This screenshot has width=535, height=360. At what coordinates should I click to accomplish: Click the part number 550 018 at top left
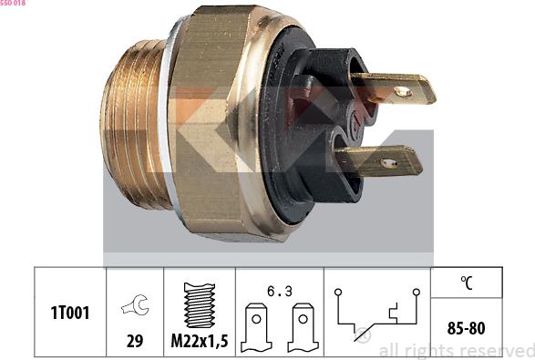[13, 3]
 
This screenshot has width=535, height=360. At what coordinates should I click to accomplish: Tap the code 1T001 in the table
[70, 313]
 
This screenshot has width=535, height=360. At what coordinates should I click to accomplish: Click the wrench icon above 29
[135, 304]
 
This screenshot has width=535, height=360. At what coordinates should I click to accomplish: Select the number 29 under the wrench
[135, 341]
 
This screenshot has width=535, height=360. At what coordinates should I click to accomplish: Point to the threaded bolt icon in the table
[200, 305]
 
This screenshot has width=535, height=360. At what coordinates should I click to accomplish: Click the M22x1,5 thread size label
[200, 341]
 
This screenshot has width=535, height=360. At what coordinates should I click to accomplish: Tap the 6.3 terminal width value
[280, 292]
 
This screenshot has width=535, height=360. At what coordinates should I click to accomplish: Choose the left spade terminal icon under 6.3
[256, 327]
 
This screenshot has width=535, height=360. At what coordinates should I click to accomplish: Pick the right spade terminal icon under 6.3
[303, 327]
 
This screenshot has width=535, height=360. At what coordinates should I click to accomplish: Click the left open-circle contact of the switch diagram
[338, 292]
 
